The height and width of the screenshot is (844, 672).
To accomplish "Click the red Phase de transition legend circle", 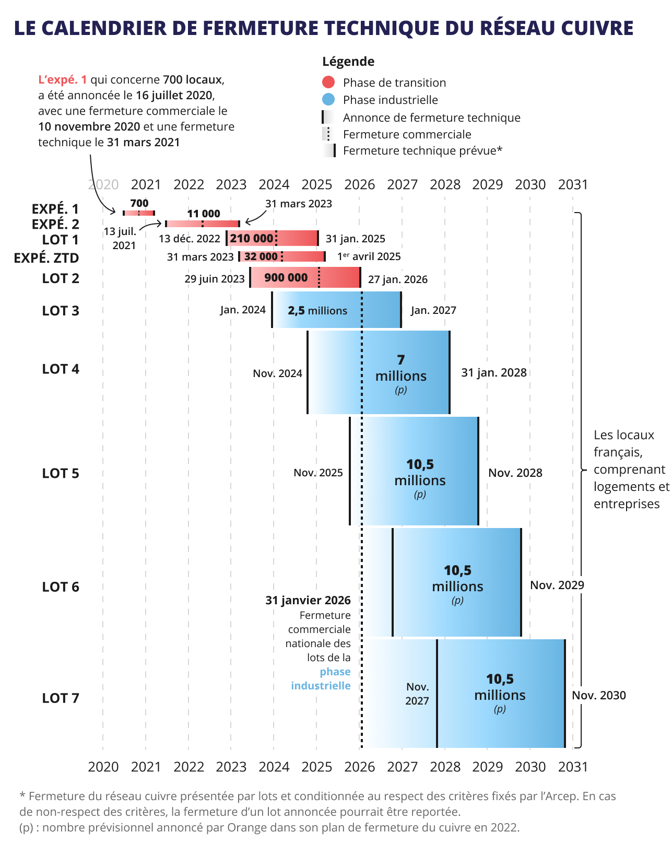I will (328, 82).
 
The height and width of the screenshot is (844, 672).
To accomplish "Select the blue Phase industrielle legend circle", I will (328, 99).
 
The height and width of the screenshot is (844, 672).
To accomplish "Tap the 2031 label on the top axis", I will (573, 184).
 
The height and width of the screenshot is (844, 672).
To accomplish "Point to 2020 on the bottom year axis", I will (103, 767).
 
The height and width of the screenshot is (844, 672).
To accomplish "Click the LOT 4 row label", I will (61, 369).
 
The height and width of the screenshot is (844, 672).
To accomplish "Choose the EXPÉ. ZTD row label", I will (46, 258).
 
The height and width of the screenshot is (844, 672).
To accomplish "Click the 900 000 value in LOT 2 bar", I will (286, 277).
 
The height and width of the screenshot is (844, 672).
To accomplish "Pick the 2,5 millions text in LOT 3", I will (317, 311).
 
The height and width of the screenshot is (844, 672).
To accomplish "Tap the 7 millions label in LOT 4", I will (400, 369).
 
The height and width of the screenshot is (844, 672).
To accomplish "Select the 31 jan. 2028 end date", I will (493, 372).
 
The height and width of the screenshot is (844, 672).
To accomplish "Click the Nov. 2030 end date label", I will (598, 695).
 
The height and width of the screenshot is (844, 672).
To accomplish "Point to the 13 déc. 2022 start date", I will (190, 239).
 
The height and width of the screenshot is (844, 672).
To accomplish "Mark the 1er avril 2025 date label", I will (369, 256).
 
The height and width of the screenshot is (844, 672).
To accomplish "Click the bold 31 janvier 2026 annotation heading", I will (308, 600).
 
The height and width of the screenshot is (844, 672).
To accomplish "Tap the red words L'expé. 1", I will (63, 79).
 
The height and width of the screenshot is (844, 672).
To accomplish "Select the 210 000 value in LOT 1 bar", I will (251, 238).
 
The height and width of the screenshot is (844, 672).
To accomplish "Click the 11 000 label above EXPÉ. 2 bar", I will (204, 214).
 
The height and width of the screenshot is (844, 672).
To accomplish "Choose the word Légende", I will (348, 62).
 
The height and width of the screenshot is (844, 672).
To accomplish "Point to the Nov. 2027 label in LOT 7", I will (417, 694).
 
